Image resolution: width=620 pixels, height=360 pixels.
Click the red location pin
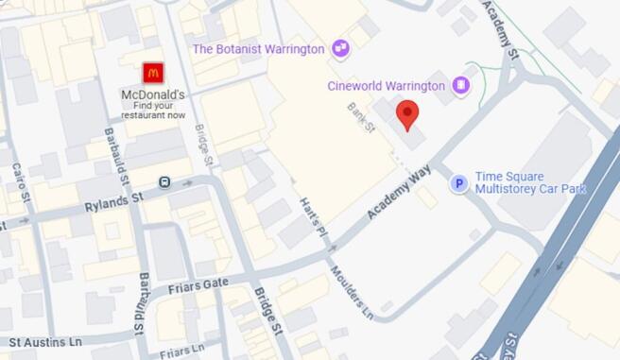[406, 114]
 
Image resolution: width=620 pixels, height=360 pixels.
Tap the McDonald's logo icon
[152, 73]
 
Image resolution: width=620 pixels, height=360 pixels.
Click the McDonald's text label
[152, 95]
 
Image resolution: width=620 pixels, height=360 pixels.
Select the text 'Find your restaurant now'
[152, 111]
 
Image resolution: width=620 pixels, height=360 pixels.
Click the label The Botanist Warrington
[258, 48]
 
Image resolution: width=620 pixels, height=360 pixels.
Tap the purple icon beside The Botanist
[340, 47]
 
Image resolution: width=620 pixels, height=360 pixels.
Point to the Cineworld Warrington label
[386, 86]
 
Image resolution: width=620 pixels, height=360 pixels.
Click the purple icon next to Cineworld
[460, 86]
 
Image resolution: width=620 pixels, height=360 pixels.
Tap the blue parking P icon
[458, 183]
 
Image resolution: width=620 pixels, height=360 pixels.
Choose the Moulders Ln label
[352, 291]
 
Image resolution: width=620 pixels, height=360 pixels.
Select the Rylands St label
[112, 199]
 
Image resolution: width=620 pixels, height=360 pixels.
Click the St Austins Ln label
[46, 340]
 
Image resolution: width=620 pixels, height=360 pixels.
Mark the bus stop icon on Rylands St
[164, 181]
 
